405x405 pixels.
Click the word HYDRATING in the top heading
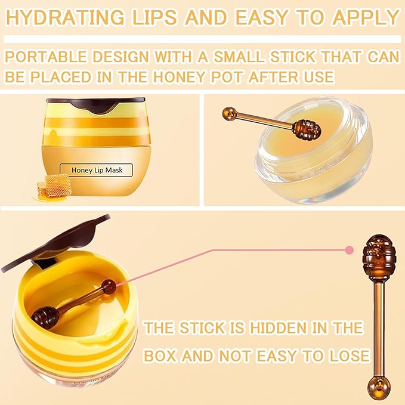(65, 17)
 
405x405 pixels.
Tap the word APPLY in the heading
(366, 17)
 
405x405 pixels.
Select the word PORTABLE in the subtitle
(46, 57)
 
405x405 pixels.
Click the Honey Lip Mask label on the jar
(97, 170)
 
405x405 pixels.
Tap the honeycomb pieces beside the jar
(54, 187)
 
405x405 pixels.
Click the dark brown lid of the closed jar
(95, 104)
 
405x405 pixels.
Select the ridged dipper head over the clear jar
(307, 129)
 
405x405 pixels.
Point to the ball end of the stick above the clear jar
(230, 114)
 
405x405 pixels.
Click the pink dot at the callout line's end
(349, 250)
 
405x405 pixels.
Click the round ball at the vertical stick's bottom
(379, 388)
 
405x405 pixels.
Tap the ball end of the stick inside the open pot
(109, 287)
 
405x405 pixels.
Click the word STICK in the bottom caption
(202, 328)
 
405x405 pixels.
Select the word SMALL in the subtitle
(239, 57)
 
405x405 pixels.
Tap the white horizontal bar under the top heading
(202, 39)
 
